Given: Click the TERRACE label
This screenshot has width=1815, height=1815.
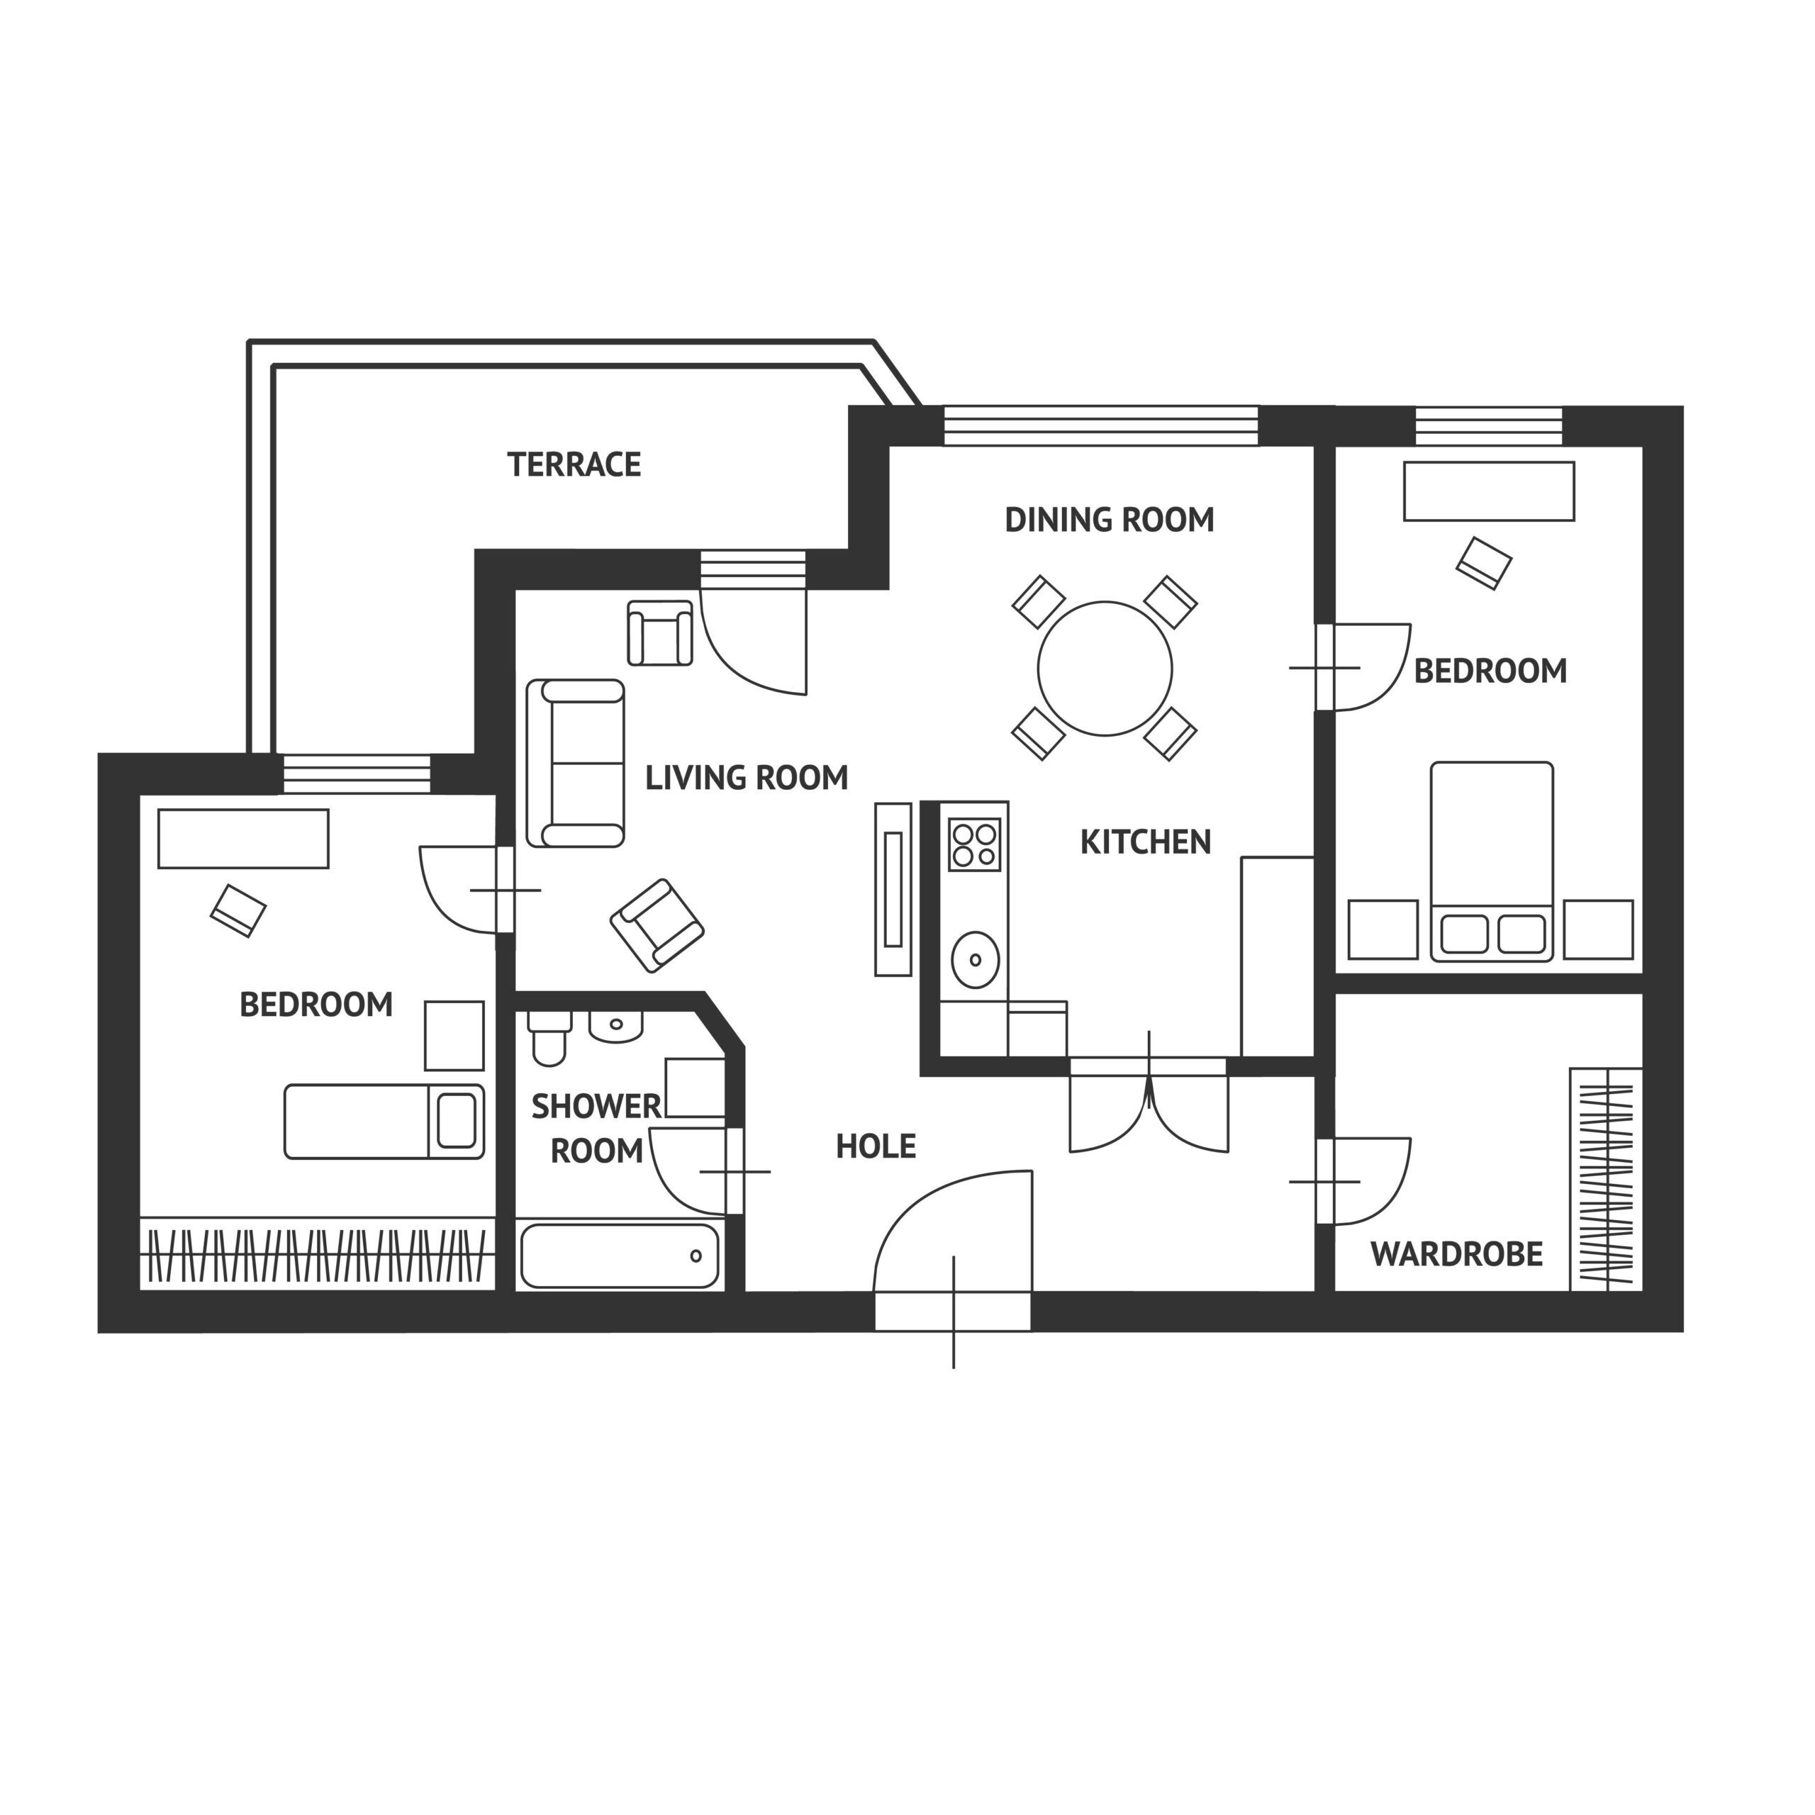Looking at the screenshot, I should pos(574,464).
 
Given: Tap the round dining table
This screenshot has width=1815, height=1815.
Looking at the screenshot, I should pos(1105,669).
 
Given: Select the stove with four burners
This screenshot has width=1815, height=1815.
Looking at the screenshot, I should pos(974,844).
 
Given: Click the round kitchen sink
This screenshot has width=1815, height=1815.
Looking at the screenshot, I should pos(975,959).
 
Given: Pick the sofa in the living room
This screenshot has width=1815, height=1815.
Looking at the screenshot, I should pos(575,764).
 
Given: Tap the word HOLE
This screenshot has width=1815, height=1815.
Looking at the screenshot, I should pos(876,1146).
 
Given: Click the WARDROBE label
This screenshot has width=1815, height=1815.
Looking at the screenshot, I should pos(1456,1254).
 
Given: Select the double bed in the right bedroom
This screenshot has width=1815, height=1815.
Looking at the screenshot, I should pos(1491,859).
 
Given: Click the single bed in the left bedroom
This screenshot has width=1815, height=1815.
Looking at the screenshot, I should pos(384,1121).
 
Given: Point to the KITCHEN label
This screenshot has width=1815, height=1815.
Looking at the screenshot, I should pos(1145,842).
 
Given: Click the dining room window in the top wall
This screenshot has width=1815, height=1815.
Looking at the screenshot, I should pos(1100,425).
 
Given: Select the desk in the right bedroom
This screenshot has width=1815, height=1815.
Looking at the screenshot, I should pos(1488,491).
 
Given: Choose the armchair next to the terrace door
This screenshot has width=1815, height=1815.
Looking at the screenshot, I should pos(659,633).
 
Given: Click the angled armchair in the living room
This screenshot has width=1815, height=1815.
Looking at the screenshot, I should pos(657,925).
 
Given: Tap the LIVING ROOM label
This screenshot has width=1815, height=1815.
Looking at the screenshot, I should pos(746,778).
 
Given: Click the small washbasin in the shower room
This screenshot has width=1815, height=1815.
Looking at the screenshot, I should pos(615,1026).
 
